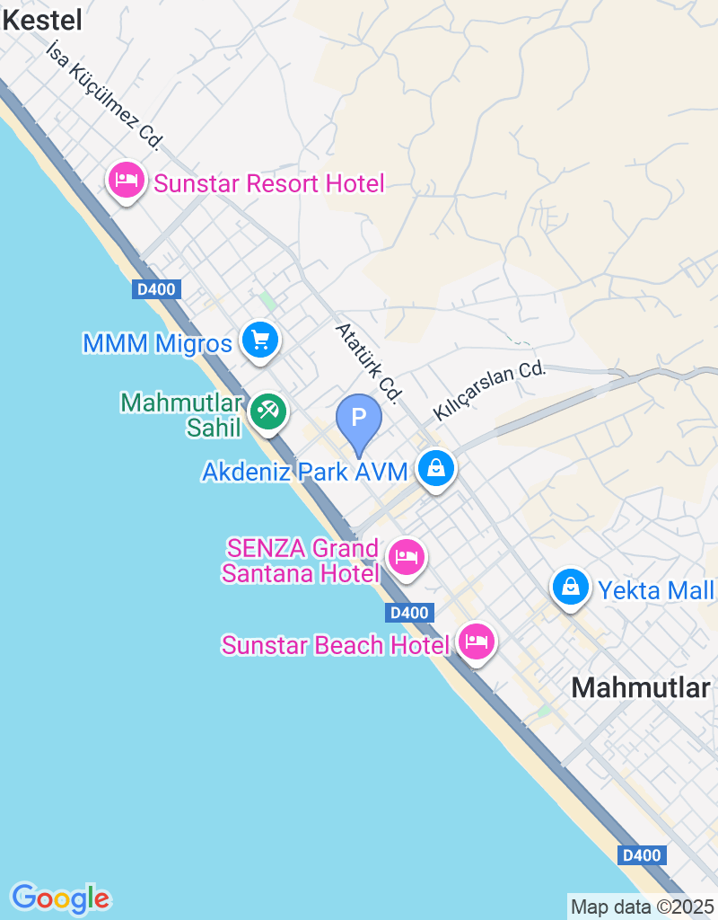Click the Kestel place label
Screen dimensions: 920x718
click(42, 20)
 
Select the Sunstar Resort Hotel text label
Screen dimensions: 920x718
click(268, 184)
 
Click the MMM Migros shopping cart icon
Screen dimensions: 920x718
click(260, 341)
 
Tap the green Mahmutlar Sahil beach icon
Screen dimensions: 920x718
click(267, 411)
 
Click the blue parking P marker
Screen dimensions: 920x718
click(359, 419)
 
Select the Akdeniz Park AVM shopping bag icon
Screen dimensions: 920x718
click(435, 468)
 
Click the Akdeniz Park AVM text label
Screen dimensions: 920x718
click(305, 471)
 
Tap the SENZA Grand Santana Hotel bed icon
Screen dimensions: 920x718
click(407, 557)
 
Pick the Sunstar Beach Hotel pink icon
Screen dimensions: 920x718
click(476, 641)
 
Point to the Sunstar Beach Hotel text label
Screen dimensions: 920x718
click(335, 645)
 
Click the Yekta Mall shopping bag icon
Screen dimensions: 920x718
click(570, 588)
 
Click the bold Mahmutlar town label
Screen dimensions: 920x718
click(641, 687)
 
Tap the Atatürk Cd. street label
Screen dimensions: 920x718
click(368, 361)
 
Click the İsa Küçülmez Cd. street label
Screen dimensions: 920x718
click(105, 94)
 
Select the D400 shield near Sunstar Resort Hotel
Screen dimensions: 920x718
click(156, 289)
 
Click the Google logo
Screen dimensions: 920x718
click(60, 898)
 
